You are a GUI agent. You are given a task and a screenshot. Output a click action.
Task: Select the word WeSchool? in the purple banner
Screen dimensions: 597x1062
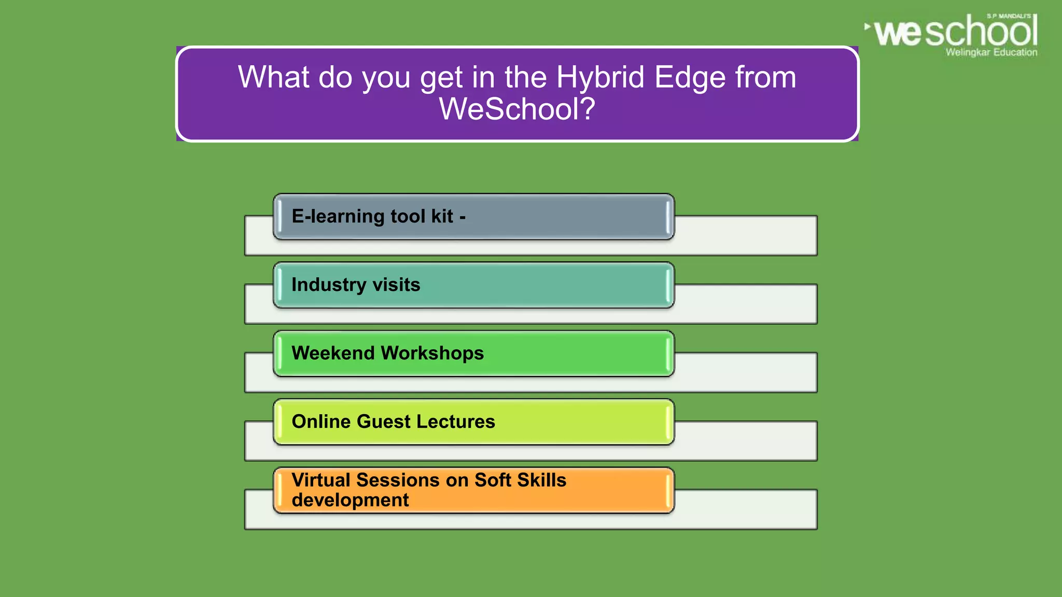tap(517, 109)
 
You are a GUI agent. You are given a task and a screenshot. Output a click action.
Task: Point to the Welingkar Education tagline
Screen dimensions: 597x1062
tap(991, 52)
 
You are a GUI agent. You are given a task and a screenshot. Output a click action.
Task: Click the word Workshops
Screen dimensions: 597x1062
tap(432, 353)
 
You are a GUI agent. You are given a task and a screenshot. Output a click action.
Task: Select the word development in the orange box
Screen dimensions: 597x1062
tap(350, 501)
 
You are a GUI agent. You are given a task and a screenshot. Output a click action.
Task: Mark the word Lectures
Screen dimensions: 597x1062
tap(455, 422)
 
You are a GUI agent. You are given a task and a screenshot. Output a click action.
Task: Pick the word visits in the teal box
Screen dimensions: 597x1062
tap(396, 285)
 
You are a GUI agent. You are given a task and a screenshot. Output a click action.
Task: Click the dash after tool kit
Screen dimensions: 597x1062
tap(463, 218)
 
